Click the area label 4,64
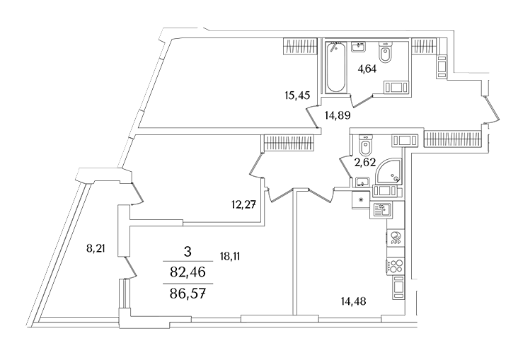click(366, 69)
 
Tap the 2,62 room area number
click(364, 163)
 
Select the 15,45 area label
click(297, 97)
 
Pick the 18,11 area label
click(230, 258)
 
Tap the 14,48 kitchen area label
click(354, 301)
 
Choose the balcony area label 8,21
click(96, 248)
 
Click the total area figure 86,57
click(187, 290)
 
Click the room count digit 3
click(187, 251)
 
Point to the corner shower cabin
click(389, 170)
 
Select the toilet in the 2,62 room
click(366, 146)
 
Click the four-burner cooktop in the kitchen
click(394, 268)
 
